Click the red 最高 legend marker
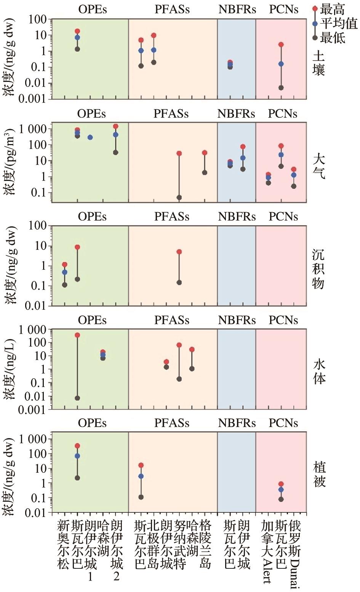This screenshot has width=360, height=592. (x=315, y=8)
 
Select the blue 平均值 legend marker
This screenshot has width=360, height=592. (x=315, y=24)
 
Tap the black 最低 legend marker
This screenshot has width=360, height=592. (x=315, y=38)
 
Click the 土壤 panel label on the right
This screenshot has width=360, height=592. (x=319, y=64)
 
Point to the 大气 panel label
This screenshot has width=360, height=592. (x=319, y=166)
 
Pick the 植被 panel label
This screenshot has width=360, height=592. (x=319, y=475)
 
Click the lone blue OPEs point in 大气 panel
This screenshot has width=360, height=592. (x=90, y=137)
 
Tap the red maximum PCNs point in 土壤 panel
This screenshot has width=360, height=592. (x=281, y=45)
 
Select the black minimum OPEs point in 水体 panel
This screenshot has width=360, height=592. (x=77, y=398)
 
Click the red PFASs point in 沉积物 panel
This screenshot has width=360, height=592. (x=179, y=252)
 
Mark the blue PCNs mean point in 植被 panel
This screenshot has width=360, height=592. (x=281, y=490)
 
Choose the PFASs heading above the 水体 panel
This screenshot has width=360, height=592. (x=172, y=320)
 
